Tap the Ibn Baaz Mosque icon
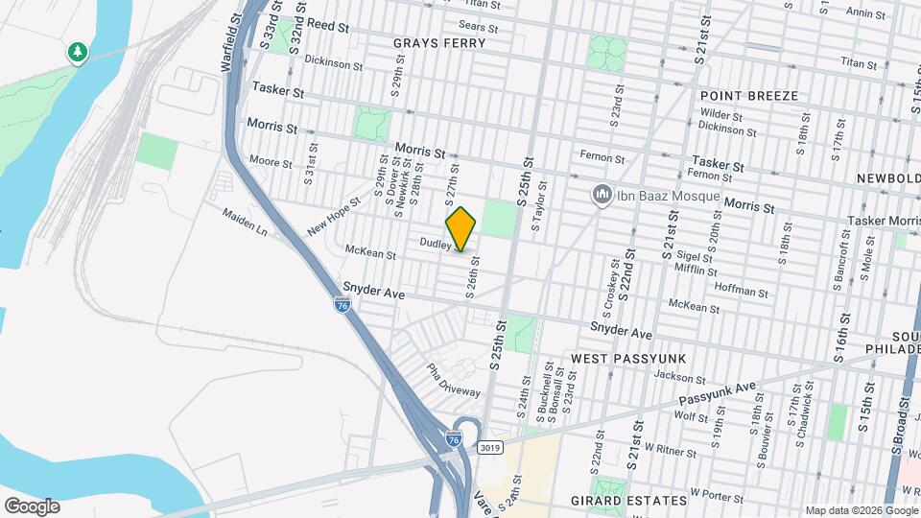tap(603, 196)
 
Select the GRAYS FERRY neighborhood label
tap(439, 43)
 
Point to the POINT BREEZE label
tap(749, 96)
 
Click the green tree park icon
tap(77, 52)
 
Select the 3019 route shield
tap(490, 447)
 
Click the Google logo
tap(31, 506)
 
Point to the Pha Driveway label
tap(453, 380)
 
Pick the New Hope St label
tap(333, 216)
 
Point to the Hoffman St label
tap(738, 285)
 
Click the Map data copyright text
tap(861, 509)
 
